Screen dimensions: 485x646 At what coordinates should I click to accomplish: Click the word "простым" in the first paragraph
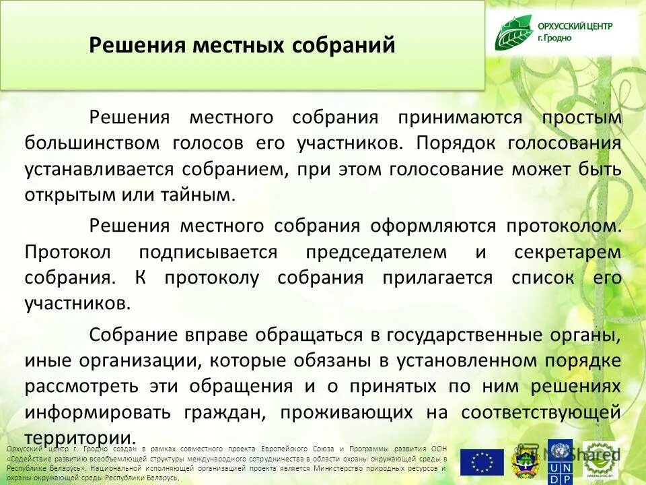coord(582,118)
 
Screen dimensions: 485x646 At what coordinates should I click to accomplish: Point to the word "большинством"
coord(92,143)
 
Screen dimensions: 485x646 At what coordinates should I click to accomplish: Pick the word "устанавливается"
coord(93,169)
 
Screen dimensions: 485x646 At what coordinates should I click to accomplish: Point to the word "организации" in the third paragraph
coord(143,360)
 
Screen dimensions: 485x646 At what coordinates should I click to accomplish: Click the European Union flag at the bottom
coord(482,463)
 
